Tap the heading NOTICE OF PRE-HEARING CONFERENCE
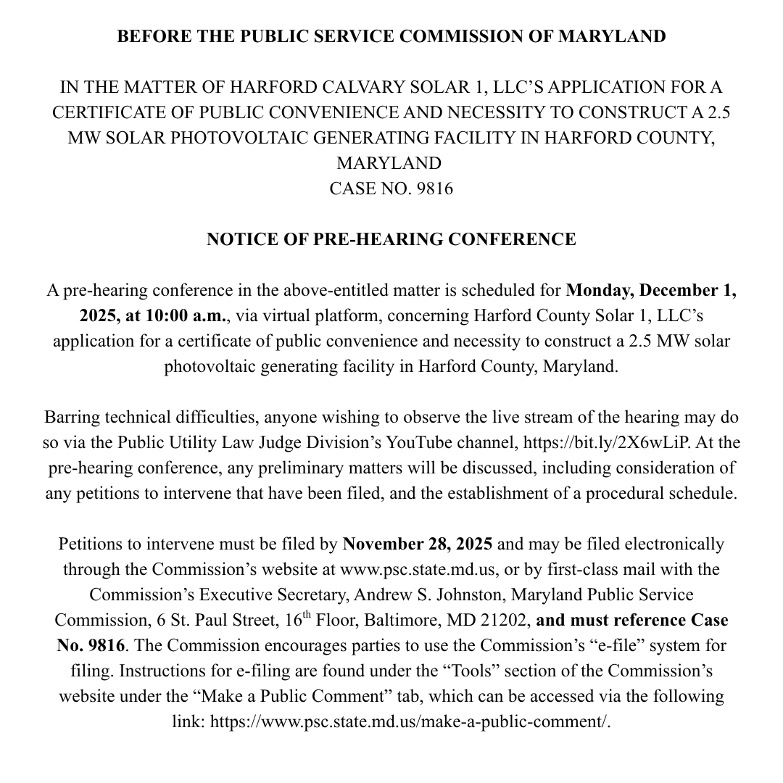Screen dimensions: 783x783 click(391, 239)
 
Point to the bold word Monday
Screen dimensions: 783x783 click(597, 291)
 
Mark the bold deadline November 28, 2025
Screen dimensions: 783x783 click(418, 544)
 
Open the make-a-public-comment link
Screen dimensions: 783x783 click(410, 721)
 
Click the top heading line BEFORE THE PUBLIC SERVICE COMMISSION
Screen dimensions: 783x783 click(391, 37)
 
